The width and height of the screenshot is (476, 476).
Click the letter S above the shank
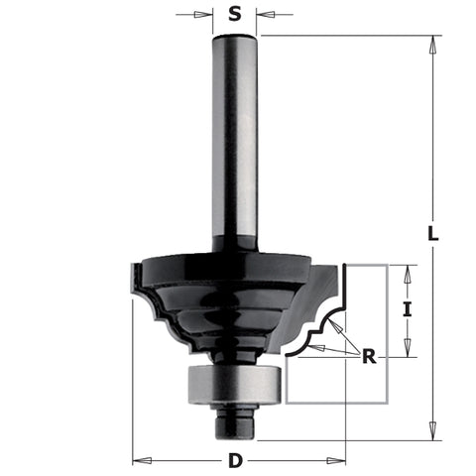pos(235,14)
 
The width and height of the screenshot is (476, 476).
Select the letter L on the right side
pos(432,234)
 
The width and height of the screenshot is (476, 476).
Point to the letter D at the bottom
pos(234,461)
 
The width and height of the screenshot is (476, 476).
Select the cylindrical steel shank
pos(235,139)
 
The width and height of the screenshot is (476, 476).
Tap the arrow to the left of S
pos(207,15)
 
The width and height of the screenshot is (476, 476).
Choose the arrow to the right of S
pos(264,15)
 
